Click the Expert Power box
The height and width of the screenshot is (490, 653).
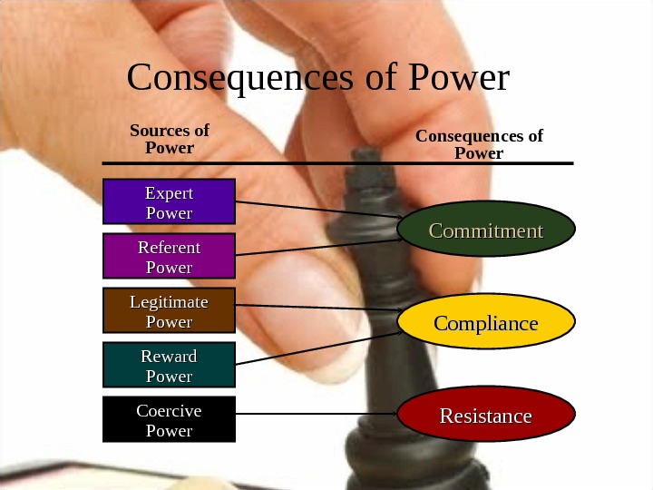(x=169, y=201)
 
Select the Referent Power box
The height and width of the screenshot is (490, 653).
(x=169, y=256)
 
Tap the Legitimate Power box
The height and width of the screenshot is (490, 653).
(x=169, y=310)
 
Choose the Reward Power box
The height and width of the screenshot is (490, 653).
(x=169, y=365)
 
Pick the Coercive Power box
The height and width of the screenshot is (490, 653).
(x=169, y=419)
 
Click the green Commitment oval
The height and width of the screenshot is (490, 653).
(x=486, y=230)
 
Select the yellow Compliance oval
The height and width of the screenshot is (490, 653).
(x=486, y=324)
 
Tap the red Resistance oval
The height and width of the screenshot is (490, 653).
(x=486, y=416)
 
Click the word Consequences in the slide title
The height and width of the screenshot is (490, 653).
(x=238, y=79)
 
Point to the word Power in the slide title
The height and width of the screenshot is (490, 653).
(x=461, y=79)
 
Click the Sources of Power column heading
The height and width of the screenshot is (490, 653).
(x=170, y=139)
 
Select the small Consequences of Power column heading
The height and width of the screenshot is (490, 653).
(x=479, y=144)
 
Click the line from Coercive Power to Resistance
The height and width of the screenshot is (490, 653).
(x=317, y=415)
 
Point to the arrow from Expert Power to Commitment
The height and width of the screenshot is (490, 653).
(x=317, y=210)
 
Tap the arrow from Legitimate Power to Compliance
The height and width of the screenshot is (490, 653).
(x=317, y=308)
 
